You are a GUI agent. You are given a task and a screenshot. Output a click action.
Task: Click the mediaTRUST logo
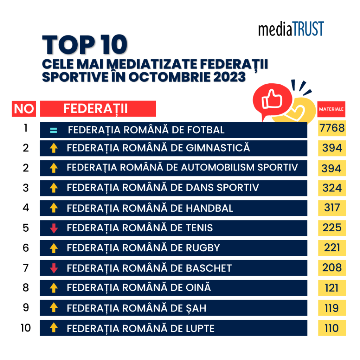(291, 29)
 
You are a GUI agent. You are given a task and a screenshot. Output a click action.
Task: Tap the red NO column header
(24, 109)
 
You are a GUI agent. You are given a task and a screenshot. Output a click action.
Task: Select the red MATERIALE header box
(331, 109)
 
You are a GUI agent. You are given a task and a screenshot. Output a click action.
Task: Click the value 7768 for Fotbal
(332, 128)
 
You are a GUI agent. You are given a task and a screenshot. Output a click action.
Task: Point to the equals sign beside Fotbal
(53, 130)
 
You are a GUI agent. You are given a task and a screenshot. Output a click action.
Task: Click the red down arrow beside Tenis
(53, 228)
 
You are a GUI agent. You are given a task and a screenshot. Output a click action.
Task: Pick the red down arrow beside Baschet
(53, 268)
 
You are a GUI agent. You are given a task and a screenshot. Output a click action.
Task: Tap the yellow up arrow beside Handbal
(53, 208)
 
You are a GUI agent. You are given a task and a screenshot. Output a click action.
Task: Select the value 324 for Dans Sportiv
(332, 188)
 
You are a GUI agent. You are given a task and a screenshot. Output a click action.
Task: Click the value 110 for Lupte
(332, 328)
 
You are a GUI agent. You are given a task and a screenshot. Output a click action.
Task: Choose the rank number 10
(26, 328)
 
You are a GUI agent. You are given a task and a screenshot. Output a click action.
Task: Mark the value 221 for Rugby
(332, 248)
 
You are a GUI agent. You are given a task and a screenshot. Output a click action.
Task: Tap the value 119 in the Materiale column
(332, 308)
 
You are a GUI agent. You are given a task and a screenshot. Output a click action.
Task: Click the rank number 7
(26, 268)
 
